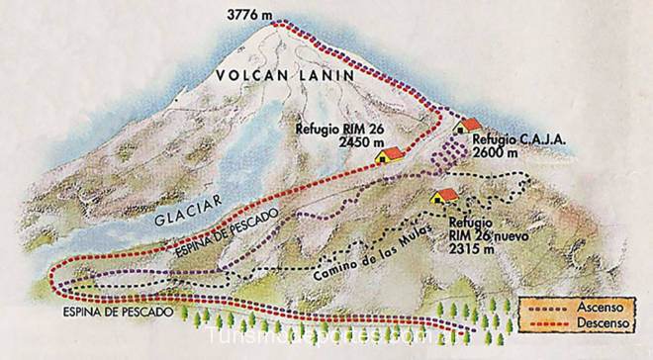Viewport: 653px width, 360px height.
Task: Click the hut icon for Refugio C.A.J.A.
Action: (469, 126)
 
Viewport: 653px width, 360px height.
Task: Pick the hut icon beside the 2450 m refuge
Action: (390, 154)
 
